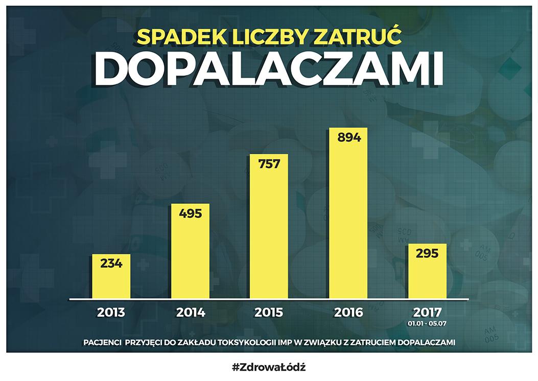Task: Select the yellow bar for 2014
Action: click(190, 255)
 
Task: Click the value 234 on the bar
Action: click(111, 264)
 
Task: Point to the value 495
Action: click(190, 213)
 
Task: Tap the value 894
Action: click(348, 137)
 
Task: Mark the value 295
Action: click(427, 253)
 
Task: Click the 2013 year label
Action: click(111, 312)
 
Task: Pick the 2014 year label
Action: click(190, 312)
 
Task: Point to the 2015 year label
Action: click(269, 312)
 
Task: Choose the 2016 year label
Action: click(348, 312)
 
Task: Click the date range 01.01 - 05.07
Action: click(427, 323)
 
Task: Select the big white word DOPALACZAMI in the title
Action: click(269, 68)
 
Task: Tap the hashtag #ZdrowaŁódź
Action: click(269, 367)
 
